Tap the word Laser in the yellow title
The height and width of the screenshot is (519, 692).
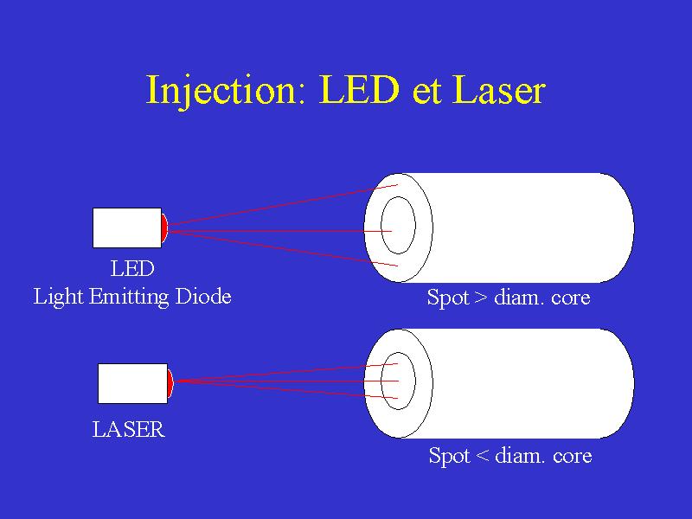(499, 90)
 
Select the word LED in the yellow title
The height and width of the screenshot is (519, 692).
(359, 90)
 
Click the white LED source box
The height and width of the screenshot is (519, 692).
(127, 227)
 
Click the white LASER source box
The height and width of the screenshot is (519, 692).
(133, 383)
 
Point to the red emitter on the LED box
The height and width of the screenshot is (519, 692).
(164, 227)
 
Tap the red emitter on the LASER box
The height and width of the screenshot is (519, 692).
(170, 383)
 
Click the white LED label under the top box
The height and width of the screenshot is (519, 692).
(132, 269)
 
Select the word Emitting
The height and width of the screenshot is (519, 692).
(129, 297)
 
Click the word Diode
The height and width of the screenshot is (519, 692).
(203, 296)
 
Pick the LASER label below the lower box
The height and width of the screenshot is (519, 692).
(128, 429)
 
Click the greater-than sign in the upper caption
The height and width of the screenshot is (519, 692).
(481, 298)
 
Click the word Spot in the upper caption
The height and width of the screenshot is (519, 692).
(448, 298)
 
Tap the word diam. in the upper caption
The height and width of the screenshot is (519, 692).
(519, 298)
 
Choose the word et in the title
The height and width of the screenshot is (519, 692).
(426, 93)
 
